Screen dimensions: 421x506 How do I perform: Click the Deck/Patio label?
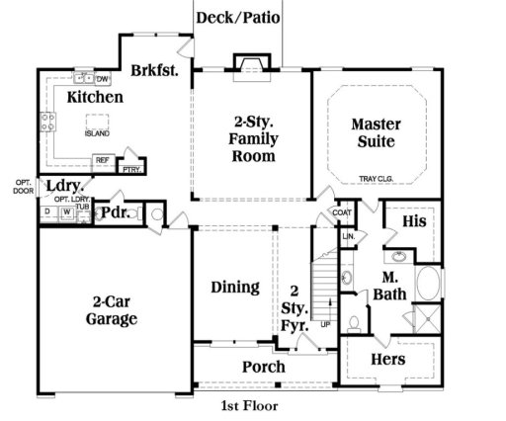click(x=237, y=17)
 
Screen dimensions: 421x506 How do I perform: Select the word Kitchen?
click(x=95, y=97)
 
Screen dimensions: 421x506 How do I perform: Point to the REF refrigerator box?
click(x=102, y=160)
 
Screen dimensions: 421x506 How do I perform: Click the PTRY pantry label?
click(x=129, y=169)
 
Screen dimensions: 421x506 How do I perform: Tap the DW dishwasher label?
click(x=102, y=78)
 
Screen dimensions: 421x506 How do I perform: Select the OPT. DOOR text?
click(x=23, y=187)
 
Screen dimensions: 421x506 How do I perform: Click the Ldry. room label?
click(x=64, y=187)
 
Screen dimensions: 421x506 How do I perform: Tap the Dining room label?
click(x=235, y=288)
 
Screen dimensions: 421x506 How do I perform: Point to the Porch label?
click(x=264, y=367)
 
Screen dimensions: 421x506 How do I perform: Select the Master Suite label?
click(x=375, y=132)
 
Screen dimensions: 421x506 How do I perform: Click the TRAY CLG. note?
click(x=377, y=179)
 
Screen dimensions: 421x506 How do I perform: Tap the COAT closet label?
click(x=342, y=212)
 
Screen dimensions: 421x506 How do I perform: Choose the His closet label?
click(x=415, y=222)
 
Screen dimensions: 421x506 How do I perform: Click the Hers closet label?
click(x=387, y=359)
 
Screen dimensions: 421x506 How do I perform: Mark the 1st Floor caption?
click(x=249, y=405)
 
